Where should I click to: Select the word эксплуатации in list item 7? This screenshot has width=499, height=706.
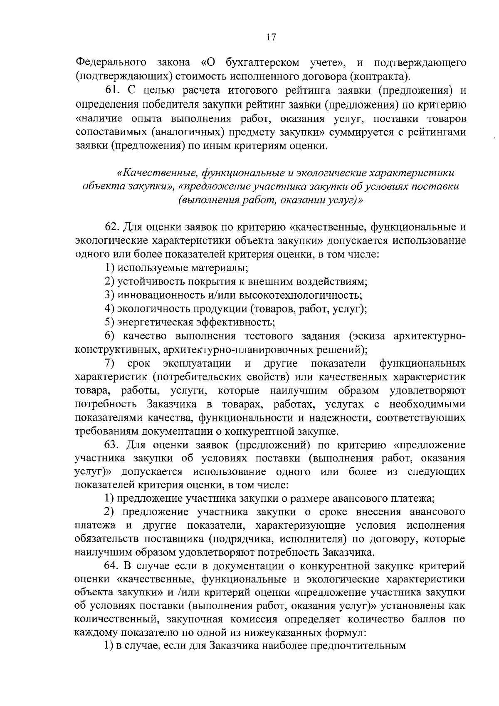[x=197, y=363]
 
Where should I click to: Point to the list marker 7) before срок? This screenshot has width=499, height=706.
[x=109, y=363]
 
